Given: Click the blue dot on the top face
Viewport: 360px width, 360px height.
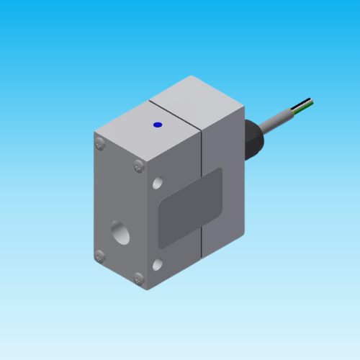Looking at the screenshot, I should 158,125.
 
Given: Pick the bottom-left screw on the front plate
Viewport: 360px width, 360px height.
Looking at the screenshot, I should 100,256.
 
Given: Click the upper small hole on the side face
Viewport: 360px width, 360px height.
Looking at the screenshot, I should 158,184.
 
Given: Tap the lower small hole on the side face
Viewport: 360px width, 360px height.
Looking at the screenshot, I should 158,265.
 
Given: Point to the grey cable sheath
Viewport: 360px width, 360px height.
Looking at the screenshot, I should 277,122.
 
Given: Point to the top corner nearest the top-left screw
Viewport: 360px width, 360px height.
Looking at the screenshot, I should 95,133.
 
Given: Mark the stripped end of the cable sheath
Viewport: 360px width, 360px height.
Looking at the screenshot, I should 299,109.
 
